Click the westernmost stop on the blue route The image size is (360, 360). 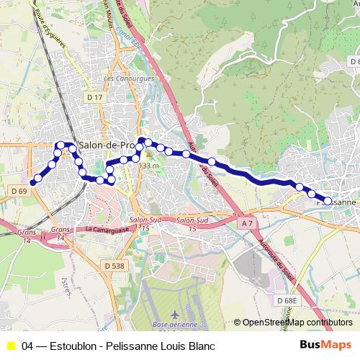pyautogui.click(x=32, y=182)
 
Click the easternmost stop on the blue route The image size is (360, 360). pyautogui.click(x=328, y=202)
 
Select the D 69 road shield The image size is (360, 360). pyautogui.click(x=19, y=191)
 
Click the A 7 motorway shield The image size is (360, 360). pyautogui.click(x=247, y=224)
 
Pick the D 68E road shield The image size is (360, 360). pyautogui.click(x=287, y=300)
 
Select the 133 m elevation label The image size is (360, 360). pyautogui.click(x=148, y=166)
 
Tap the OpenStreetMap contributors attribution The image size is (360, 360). pyautogui.click(x=297, y=323)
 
